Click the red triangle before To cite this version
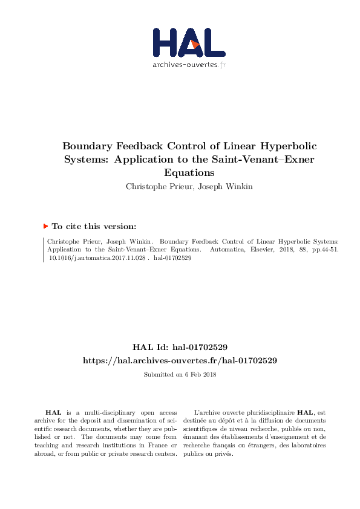tap(45, 226)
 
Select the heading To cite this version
tap(94, 226)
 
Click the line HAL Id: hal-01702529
tap(180, 347)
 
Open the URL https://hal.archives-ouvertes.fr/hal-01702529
tap(180, 360)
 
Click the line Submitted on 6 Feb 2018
tap(180, 374)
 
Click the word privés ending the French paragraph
tap(223, 454)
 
